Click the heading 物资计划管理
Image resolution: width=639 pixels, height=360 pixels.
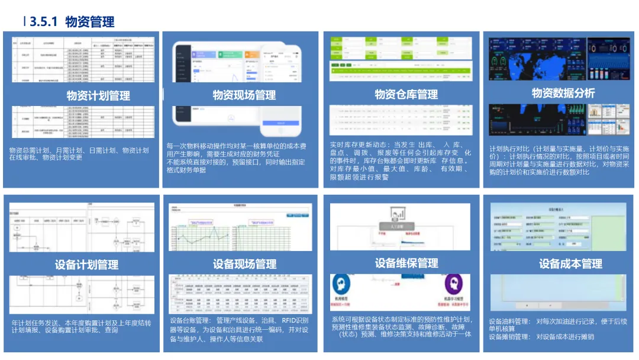click(98, 95)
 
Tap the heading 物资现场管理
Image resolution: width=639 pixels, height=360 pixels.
click(244, 95)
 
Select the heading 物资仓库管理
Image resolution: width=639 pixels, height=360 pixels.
click(406, 95)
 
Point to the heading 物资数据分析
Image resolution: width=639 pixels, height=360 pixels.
click(563, 93)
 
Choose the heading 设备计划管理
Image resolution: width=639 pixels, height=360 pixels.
click(86, 265)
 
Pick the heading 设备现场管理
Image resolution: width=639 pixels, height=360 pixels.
click(244, 264)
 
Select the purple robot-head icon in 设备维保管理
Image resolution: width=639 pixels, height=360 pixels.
click(453, 283)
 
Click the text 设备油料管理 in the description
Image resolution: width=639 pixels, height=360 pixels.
click(508, 322)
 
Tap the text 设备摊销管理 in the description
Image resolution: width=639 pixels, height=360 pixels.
click(508, 337)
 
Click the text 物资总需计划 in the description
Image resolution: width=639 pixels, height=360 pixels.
click(26, 150)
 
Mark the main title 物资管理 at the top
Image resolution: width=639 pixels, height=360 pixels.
click(90, 22)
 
